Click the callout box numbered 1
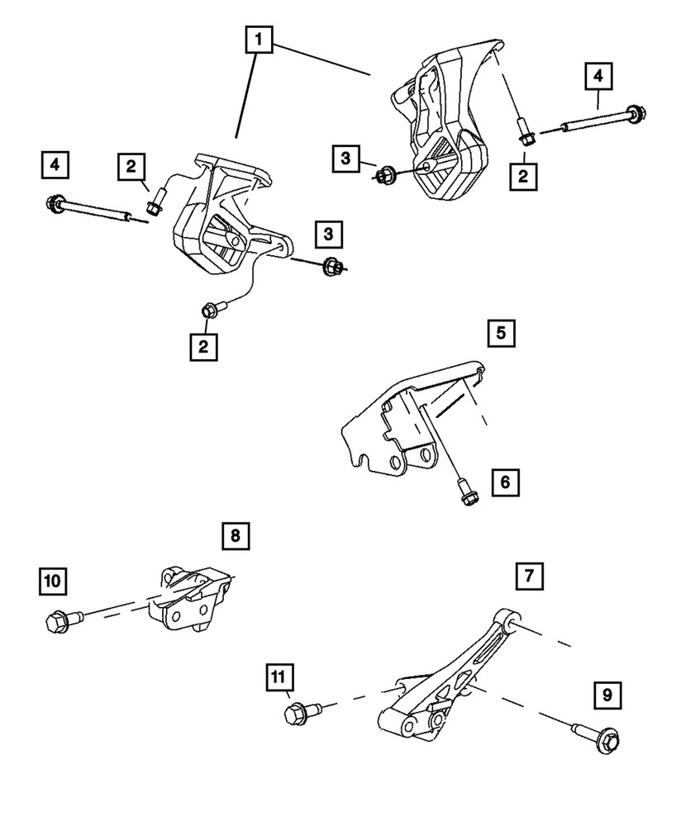pos(259,38)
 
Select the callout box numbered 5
pos(502,335)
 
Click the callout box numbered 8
pos(235,536)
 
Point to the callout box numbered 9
pos(607,696)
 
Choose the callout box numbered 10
pos(52,581)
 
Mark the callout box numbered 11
pos(279,678)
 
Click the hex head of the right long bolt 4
pos(635,115)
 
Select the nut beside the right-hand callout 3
pos(334,266)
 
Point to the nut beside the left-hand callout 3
pos(383,175)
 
